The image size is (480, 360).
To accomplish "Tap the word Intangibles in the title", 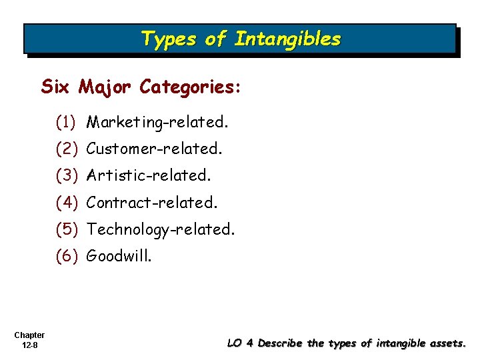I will tap(287, 39).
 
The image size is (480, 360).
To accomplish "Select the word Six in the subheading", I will tap(56, 87).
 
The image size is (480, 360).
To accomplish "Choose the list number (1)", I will tap(67, 123).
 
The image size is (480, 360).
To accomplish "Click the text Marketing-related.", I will tap(158, 123).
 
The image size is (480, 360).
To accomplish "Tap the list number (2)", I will tap(67, 149).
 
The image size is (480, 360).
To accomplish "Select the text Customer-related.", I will tap(155, 149).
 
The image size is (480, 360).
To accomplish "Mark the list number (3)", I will tap(67, 176).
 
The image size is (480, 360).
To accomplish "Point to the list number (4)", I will tap(67, 202).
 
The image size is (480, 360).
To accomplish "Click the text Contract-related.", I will tap(153, 202).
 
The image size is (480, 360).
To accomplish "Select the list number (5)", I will tap(67, 229).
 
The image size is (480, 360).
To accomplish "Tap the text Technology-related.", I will tap(161, 229).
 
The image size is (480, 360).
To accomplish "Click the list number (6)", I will tap(67, 256).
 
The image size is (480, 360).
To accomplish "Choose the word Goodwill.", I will tap(119, 256).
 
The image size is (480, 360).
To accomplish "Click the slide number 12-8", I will tap(29, 345).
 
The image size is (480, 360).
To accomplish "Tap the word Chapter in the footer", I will tap(29, 335).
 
